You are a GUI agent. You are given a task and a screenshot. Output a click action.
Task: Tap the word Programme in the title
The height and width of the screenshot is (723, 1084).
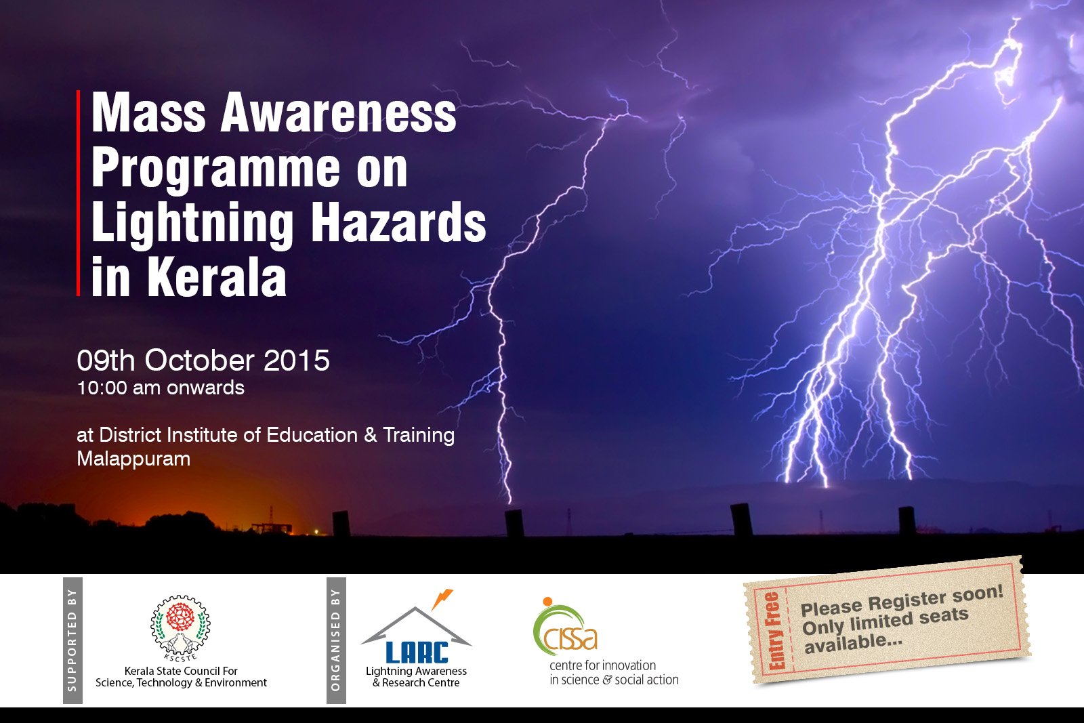point(216,169)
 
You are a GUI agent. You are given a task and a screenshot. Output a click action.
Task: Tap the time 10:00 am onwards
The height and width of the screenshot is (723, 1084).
point(161,388)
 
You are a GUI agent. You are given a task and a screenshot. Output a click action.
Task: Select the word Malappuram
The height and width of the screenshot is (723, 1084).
point(133,459)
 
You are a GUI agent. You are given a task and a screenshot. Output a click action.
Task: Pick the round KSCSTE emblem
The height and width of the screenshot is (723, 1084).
point(180,627)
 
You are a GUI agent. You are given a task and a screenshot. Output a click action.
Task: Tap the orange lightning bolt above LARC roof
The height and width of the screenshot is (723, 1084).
point(441,598)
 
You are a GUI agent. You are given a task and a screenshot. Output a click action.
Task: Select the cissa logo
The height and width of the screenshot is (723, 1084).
point(564,626)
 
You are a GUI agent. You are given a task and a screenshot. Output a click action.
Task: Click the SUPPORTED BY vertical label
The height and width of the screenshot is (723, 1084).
point(72,640)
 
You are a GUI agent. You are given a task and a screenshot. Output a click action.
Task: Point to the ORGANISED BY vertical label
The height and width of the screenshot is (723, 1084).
point(336,640)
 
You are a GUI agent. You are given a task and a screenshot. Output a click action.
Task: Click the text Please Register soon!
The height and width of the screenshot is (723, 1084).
point(902,600)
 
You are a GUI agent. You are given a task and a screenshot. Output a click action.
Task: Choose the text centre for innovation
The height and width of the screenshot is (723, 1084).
point(602,665)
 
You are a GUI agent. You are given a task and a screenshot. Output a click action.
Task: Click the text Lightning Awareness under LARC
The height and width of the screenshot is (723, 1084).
point(416,672)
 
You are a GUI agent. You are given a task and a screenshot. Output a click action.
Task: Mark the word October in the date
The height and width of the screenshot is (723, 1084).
point(199,360)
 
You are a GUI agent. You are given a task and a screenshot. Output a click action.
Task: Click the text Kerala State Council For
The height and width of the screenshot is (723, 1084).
point(181,672)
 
